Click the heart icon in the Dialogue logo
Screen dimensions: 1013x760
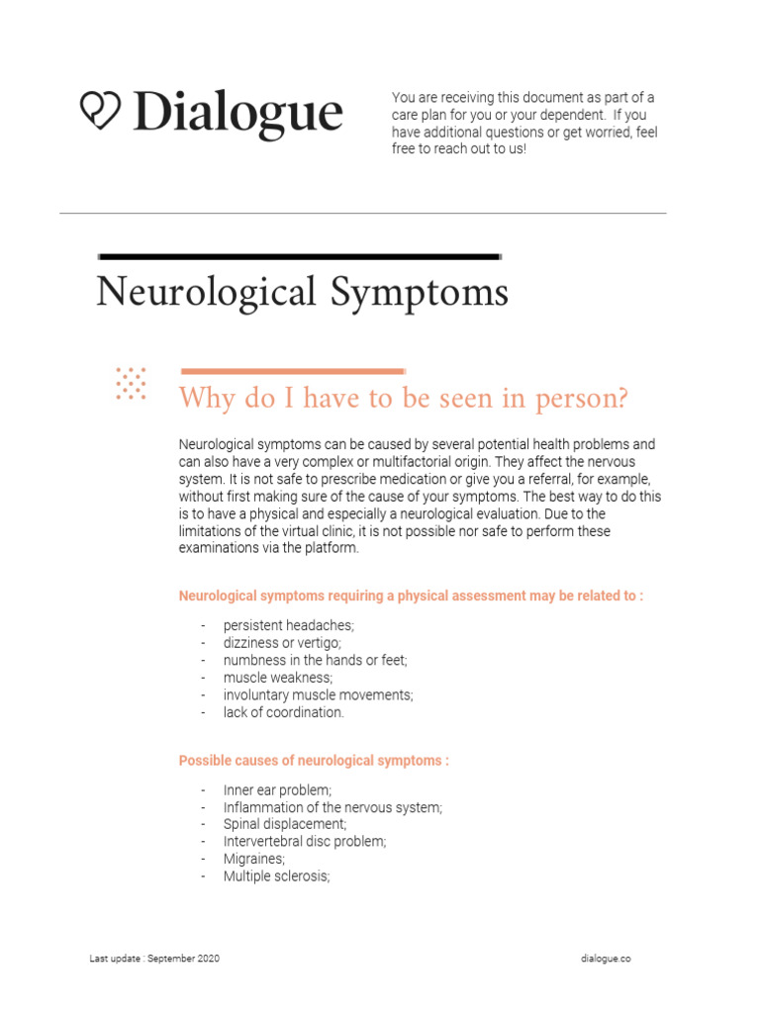click(x=99, y=111)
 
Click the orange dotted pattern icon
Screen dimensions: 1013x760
click(x=131, y=384)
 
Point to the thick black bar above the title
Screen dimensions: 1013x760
click(x=297, y=256)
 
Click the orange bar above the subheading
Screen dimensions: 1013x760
click(x=292, y=371)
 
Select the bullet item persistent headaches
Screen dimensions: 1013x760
click(x=288, y=626)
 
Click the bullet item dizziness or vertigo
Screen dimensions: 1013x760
click(x=281, y=643)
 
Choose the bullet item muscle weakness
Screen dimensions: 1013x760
click(x=278, y=678)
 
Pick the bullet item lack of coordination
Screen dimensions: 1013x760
click(x=283, y=712)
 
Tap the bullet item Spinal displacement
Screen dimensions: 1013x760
click(x=285, y=824)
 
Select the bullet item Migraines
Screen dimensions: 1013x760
click(x=254, y=860)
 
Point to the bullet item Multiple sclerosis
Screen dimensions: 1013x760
click(x=276, y=876)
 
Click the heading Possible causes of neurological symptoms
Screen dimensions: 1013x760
click(x=313, y=761)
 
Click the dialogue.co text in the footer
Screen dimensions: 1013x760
click(x=606, y=960)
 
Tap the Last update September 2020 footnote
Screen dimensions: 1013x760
click(x=154, y=960)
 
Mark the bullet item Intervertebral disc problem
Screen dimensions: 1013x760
click(x=305, y=842)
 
